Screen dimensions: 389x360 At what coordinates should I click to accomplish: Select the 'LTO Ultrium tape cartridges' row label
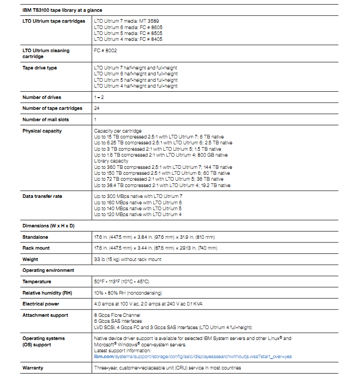[54, 21]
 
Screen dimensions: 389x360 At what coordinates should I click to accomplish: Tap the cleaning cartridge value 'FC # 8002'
[105, 51]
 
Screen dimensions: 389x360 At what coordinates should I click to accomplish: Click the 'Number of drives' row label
[42, 98]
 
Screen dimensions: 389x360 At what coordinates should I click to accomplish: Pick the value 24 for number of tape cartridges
[97, 108]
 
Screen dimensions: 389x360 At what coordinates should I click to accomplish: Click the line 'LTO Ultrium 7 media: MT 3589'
[126, 21]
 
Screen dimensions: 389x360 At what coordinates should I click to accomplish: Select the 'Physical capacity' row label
[42, 131]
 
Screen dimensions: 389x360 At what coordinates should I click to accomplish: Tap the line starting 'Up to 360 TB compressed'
[163, 167]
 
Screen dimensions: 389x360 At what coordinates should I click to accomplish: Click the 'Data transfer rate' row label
[43, 197]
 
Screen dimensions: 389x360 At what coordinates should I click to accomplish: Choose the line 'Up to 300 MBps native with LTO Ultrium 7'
[138, 197]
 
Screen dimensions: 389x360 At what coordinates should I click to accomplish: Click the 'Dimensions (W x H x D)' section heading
[49, 226]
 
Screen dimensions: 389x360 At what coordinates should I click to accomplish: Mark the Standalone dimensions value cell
[154, 237]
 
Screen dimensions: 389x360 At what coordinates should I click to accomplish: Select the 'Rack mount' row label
[36, 248]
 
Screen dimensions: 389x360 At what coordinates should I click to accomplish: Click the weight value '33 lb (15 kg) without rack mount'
[127, 260]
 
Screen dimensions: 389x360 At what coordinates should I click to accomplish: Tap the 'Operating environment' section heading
[48, 271]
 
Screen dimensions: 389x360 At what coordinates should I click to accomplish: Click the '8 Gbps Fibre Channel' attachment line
[117, 315]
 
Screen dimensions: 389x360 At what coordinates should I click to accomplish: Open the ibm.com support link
[193, 357]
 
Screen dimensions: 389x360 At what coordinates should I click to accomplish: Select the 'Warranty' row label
[33, 368]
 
